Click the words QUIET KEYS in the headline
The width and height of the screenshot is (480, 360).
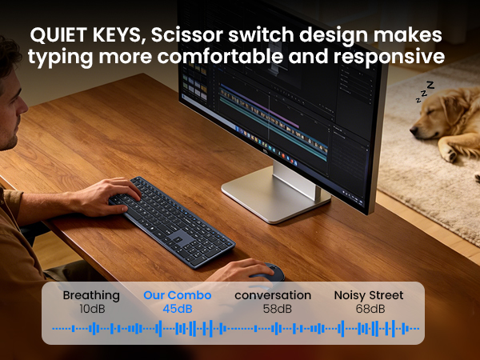[82, 36]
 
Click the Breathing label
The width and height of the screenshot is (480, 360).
[91, 295]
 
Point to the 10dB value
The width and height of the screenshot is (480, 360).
[91, 309]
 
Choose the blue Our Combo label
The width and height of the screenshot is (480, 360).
[178, 295]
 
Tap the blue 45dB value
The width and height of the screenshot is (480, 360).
[178, 309]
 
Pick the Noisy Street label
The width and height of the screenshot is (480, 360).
[368, 295]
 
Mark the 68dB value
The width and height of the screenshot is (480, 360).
[368, 309]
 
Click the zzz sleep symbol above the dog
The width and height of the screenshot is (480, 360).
[423, 92]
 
